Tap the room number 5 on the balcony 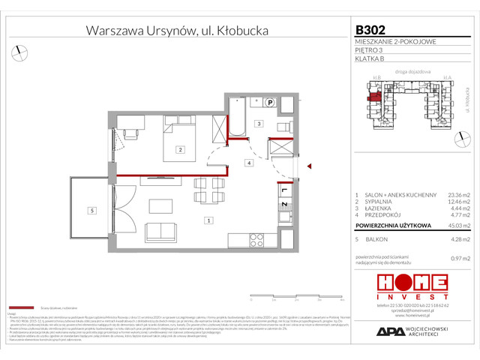pos(90,211)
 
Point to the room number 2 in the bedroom pos(180,150)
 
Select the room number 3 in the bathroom pos(256,124)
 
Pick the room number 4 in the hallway pos(247,162)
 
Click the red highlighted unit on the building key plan pos(372,95)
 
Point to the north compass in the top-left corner pos(19,52)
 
